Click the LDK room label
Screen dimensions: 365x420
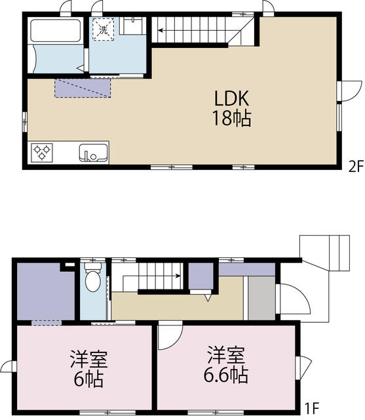pyautogui.click(x=232, y=98)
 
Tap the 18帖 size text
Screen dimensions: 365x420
pyautogui.click(x=231, y=118)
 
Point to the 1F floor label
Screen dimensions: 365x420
pyautogui.click(x=313, y=408)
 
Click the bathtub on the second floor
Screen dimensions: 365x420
pyautogui.click(x=56, y=30)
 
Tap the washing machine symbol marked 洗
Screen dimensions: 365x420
pyautogui.click(x=104, y=29)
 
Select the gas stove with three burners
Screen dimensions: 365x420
pyautogui.click(x=42, y=153)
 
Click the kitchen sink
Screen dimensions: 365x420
pyautogui.click(x=93, y=153)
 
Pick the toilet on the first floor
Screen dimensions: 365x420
pyautogui.click(x=93, y=277)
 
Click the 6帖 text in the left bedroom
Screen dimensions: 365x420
pyautogui.click(x=88, y=379)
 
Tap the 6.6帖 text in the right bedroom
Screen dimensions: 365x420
pyautogui.click(x=226, y=375)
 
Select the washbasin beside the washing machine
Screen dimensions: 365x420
pyautogui.click(x=132, y=26)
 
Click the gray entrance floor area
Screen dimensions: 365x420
pyautogui.click(x=261, y=298)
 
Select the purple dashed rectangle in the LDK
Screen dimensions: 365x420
pyautogui.click(x=83, y=88)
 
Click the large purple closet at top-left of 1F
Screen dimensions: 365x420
pyautogui.click(x=46, y=293)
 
